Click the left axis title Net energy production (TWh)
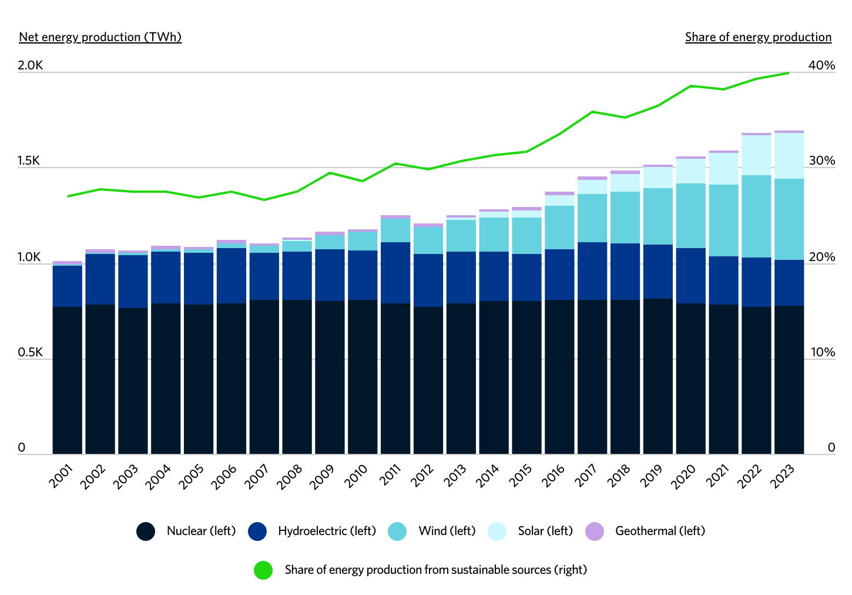(x=100, y=37)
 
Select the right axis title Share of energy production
(x=758, y=37)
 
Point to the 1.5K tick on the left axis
(x=29, y=161)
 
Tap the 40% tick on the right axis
(x=821, y=65)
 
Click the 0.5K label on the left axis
(x=30, y=352)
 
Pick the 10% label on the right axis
(x=823, y=352)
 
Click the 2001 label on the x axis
(x=61, y=476)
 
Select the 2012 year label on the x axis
(x=422, y=476)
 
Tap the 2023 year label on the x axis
(x=783, y=476)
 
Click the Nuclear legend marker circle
(x=146, y=532)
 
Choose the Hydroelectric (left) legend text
(x=327, y=531)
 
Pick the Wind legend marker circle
(x=397, y=532)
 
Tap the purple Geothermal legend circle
(x=595, y=532)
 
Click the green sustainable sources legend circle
(x=263, y=570)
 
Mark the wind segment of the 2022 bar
(x=756, y=216)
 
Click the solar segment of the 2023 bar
(x=789, y=156)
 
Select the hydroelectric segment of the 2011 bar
(x=395, y=273)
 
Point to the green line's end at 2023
(x=789, y=73)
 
